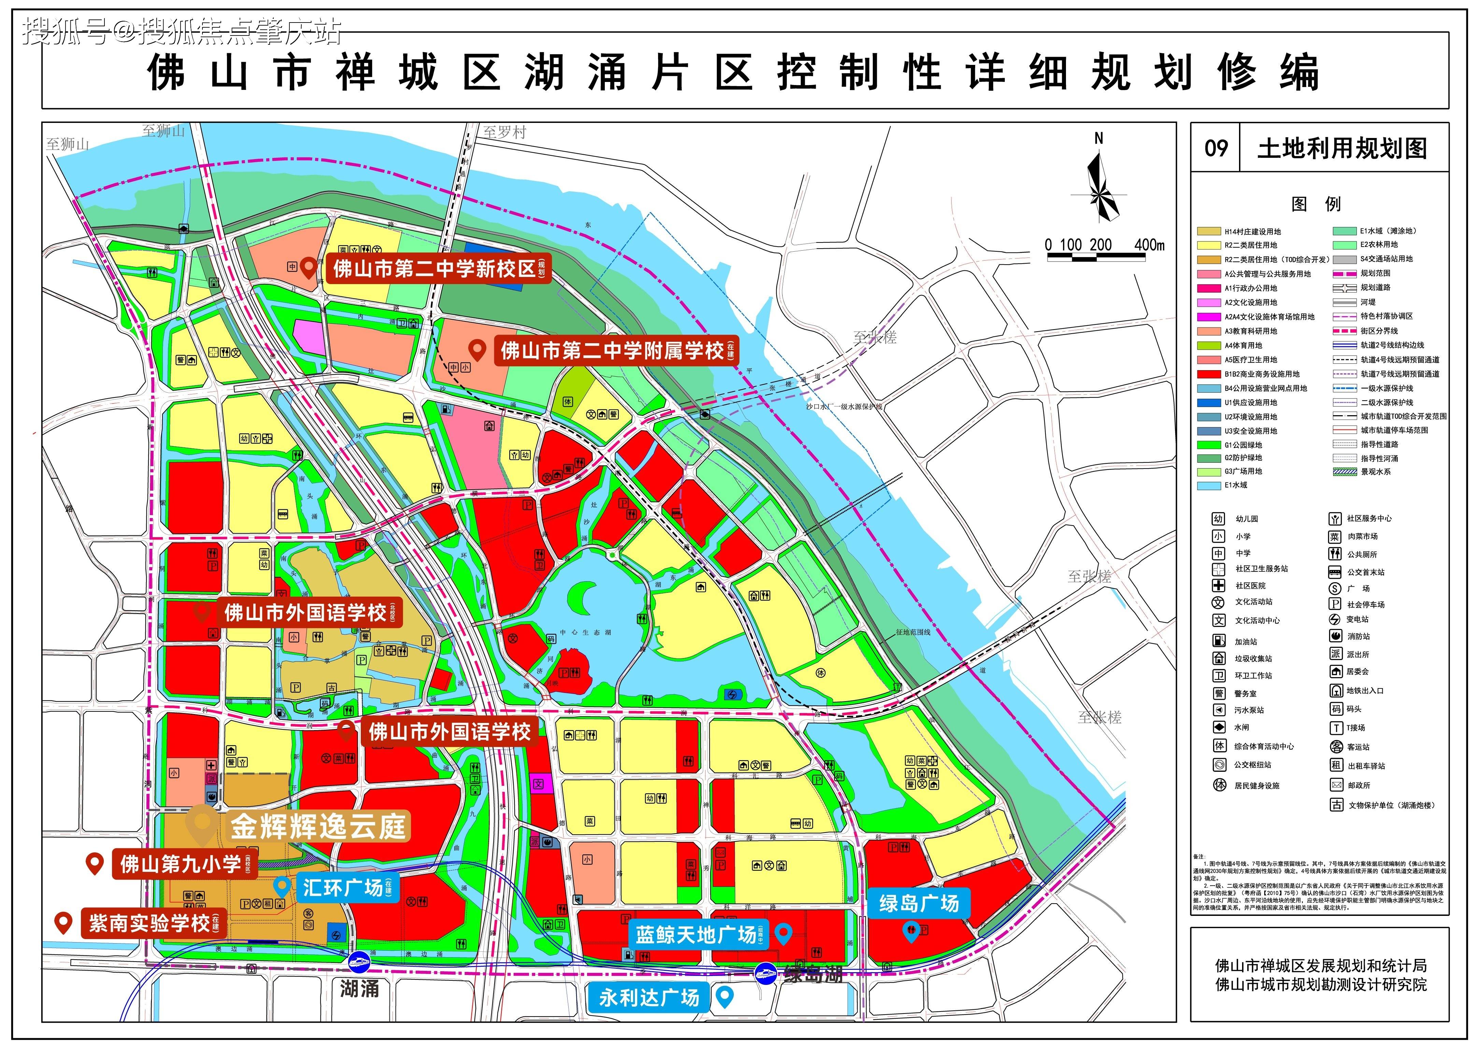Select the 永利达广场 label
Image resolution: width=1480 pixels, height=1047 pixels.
click(649, 998)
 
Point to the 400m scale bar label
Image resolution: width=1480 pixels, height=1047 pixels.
click(1149, 245)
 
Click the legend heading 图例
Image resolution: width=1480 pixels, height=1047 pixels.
click(1315, 204)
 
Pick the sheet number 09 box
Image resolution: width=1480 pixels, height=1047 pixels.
click(1216, 148)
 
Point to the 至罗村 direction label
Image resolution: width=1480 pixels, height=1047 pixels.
click(505, 132)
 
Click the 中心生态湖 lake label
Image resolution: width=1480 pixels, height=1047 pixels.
click(585, 632)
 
